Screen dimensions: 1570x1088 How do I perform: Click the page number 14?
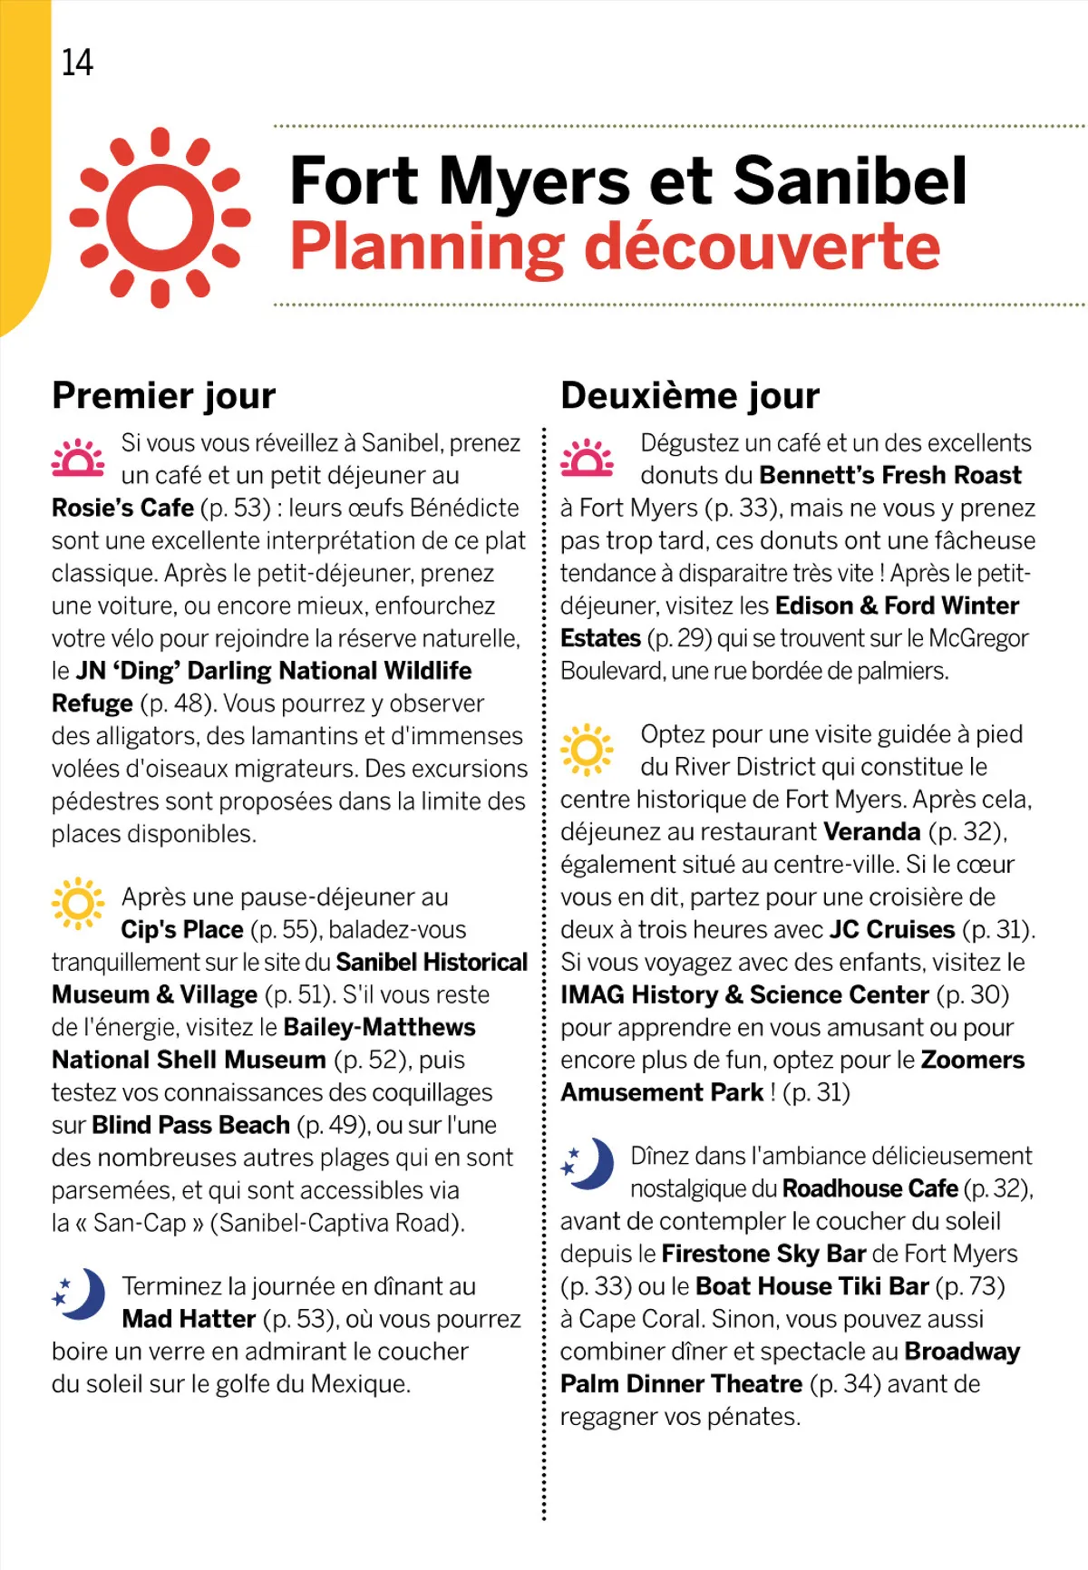point(77,63)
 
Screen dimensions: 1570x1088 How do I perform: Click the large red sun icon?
point(160,218)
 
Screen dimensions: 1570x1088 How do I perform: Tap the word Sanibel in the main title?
point(850,180)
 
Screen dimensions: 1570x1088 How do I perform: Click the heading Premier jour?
point(163,396)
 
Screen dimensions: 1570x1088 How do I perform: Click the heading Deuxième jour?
point(690,396)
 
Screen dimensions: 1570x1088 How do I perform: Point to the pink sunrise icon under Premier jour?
point(78,459)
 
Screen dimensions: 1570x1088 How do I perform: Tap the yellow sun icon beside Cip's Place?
point(78,903)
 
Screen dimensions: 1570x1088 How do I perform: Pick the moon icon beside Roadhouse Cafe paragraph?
point(587,1164)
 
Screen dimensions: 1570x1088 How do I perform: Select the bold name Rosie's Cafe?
point(122,508)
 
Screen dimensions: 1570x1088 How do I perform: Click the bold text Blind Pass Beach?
point(190,1125)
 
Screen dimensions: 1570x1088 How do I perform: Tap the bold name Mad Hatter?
point(189,1319)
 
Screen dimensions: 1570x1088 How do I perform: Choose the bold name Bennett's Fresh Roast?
point(890,475)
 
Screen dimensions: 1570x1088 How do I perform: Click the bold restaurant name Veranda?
point(871,831)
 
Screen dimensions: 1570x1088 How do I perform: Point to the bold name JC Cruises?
point(891,929)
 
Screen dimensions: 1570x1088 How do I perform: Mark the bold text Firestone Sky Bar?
point(763,1254)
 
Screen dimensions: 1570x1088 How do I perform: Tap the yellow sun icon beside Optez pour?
point(587,750)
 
